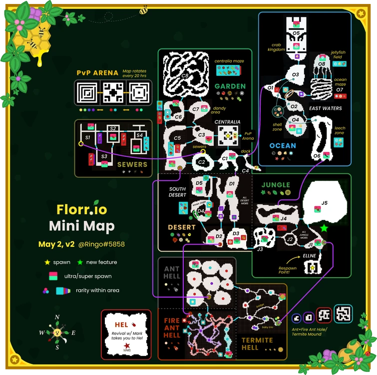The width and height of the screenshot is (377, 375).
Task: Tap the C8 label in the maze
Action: (x=184, y=76)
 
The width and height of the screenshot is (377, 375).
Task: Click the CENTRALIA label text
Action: (x=227, y=121)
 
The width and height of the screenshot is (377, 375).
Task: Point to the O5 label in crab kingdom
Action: (x=296, y=33)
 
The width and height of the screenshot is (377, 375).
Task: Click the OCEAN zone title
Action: (x=283, y=146)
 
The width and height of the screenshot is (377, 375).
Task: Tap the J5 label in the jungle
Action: (x=324, y=203)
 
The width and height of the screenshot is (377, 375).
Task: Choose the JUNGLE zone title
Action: (x=276, y=184)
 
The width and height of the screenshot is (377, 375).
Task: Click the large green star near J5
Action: (x=324, y=228)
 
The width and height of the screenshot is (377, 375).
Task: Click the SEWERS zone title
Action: (x=132, y=164)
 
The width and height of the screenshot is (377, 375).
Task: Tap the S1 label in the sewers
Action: (x=88, y=136)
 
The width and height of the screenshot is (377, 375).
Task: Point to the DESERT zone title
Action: (x=182, y=227)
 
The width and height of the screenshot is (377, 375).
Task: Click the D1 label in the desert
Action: (x=231, y=184)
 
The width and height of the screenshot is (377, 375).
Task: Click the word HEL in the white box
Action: (x=122, y=325)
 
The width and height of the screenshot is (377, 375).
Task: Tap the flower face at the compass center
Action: (x=57, y=332)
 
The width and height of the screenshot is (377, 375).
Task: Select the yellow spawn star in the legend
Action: (x=47, y=262)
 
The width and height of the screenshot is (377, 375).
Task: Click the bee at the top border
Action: (x=144, y=9)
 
